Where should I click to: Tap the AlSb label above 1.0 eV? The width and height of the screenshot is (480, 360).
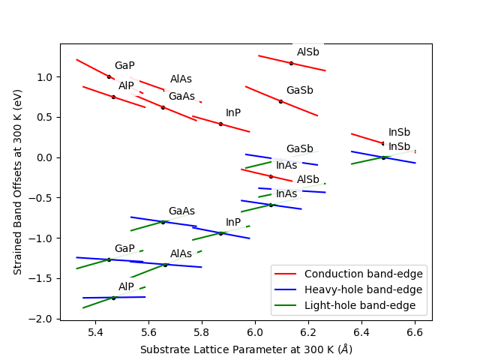307,52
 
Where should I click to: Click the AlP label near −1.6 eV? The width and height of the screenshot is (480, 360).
126,286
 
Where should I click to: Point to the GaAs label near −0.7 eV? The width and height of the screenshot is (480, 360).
181,211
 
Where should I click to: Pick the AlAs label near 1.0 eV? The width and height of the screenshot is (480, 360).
181,79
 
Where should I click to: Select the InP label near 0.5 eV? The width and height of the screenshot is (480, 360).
233,113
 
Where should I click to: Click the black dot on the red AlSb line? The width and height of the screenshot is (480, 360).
291,63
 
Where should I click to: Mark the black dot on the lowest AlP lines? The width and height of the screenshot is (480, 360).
113,298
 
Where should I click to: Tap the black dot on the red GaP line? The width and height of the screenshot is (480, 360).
109,76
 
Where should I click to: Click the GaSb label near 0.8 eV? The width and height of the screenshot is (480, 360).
299,91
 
